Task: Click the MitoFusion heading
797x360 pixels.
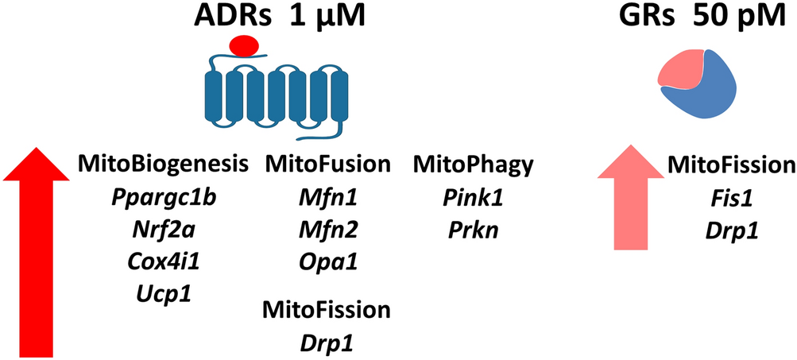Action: click(x=327, y=165)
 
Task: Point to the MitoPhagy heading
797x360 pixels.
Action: click(x=472, y=165)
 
